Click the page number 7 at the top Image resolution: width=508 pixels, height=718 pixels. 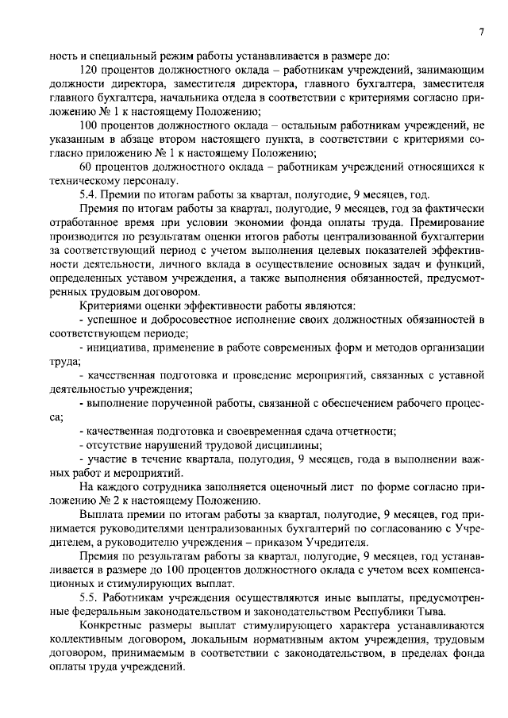(x=482, y=30)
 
